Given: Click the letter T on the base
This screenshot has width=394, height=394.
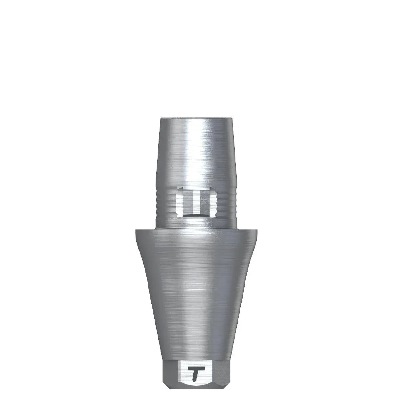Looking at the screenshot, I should (196, 372).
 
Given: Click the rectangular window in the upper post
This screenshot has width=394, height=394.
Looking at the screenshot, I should (196, 203).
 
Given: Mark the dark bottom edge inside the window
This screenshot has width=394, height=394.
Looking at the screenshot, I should (196, 215).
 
